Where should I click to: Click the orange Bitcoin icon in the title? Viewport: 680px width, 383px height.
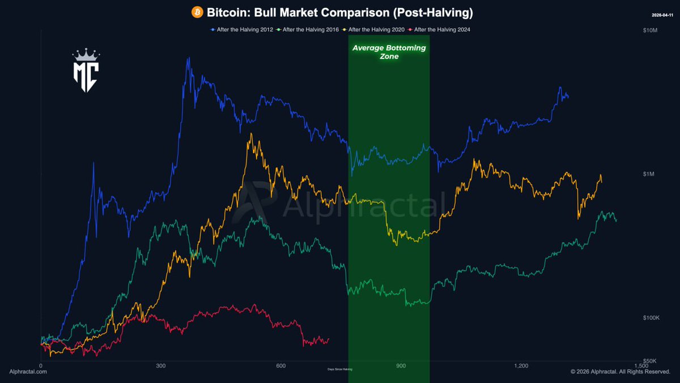point(197,12)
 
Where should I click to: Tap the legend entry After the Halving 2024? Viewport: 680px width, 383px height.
point(441,30)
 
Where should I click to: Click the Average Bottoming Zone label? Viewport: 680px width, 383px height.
point(389,52)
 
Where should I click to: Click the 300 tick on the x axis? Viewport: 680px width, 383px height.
point(161,365)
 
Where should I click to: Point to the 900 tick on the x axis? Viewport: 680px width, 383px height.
point(401,365)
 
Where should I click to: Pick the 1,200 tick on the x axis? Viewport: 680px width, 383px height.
point(521,365)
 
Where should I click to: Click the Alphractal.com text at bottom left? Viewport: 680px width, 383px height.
point(28,372)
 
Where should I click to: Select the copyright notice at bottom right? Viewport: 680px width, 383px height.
point(620,372)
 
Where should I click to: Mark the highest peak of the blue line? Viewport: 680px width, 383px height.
point(187,58)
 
